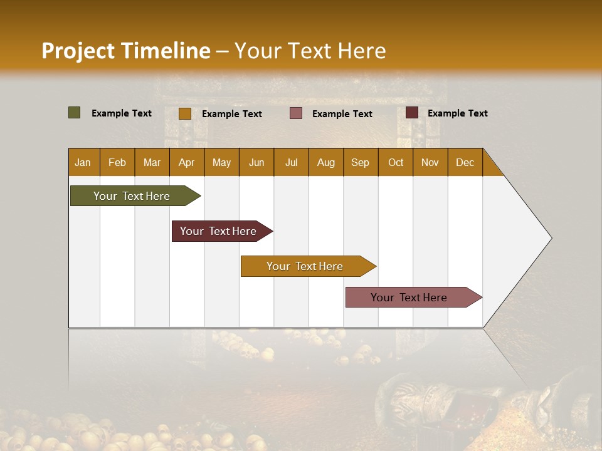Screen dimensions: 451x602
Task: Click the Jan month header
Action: (x=83, y=162)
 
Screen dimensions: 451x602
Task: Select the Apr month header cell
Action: (x=187, y=162)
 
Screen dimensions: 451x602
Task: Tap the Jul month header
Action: (x=291, y=162)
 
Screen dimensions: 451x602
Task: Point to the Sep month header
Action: (x=360, y=162)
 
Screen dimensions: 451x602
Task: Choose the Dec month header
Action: (x=465, y=162)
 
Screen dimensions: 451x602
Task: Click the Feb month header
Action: (x=117, y=162)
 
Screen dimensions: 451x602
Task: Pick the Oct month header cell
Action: (x=396, y=162)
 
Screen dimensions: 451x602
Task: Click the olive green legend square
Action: (x=75, y=113)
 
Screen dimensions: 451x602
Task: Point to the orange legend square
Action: (x=185, y=113)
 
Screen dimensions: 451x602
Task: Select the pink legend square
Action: (x=296, y=113)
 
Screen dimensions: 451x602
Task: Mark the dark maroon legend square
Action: (x=411, y=113)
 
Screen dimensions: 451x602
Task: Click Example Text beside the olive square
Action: (x=122, y=113)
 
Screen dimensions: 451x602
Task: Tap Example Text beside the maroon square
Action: (x=458, y=113)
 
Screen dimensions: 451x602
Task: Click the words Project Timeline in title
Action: (x=126, y=51)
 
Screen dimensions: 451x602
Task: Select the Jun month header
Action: (x=256, y=162)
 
